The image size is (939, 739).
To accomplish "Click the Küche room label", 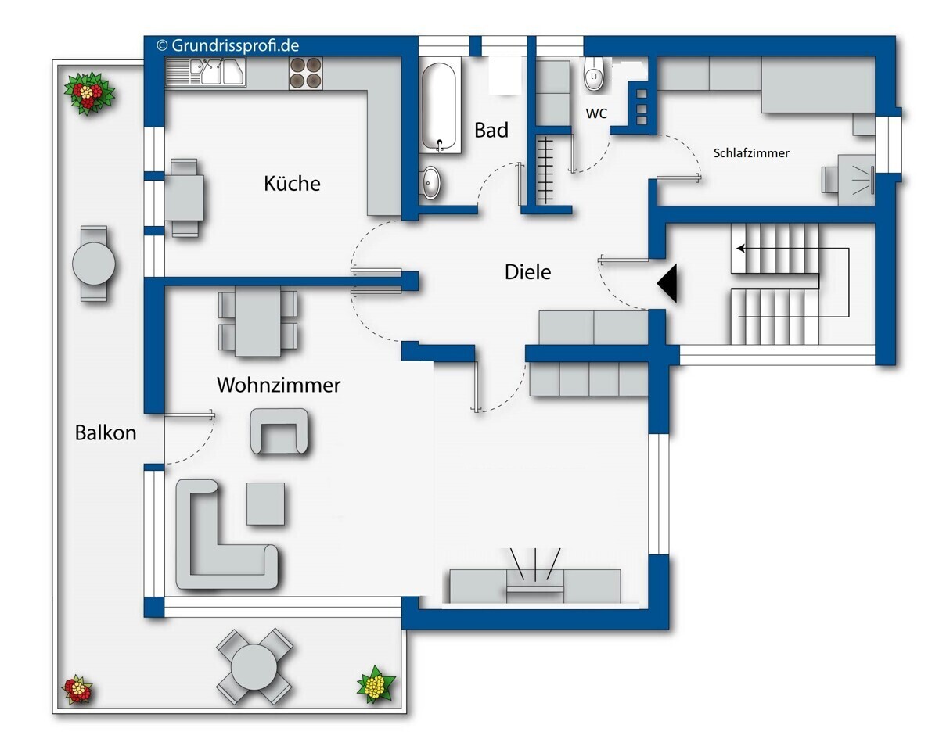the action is click(292, 183).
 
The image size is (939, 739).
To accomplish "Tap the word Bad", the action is click(491, 130).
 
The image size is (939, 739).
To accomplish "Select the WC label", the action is click(596, 113).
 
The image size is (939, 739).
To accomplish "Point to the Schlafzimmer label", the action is click(751, 153).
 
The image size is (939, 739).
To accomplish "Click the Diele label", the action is click(527, 272).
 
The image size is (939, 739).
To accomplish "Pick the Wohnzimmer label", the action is click(279, 385).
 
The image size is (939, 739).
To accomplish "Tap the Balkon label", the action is click(106, 432).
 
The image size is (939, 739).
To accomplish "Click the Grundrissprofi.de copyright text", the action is click(228, 45).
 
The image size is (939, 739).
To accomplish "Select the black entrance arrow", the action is click(667, 283).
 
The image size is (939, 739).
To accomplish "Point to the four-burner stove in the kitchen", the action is click(305, 74).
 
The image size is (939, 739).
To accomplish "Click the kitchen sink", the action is click(206, 73).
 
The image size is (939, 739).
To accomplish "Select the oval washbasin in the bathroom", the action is click(431, 182).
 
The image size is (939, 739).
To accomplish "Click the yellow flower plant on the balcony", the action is click(376, 684).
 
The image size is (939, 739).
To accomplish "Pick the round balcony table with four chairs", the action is click(254, 666).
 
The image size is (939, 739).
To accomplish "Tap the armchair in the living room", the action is click(279, 431).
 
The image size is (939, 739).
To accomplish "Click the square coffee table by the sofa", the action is click(265, 504).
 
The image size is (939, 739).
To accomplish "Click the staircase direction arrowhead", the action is click(740, 249).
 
